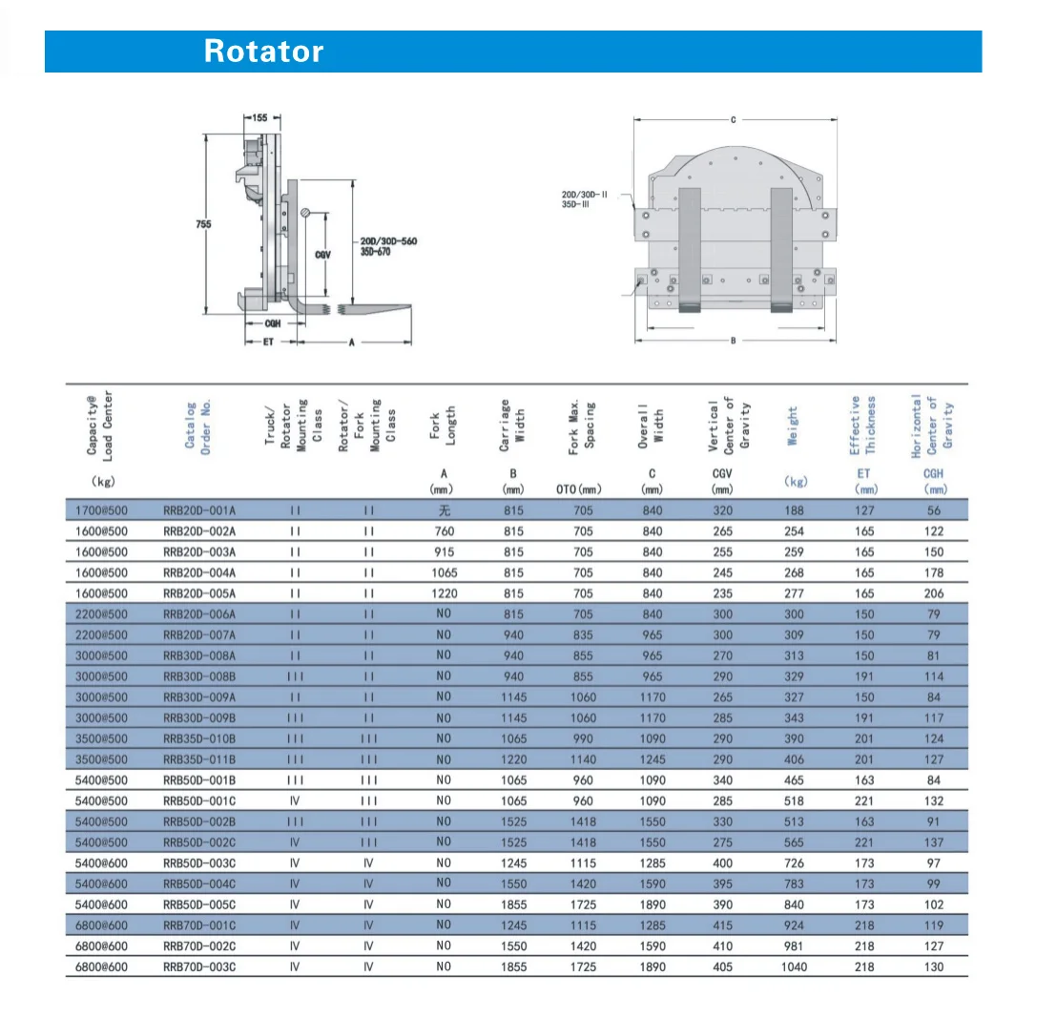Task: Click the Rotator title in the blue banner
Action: point(263,52)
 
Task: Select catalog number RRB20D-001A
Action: point(199,510)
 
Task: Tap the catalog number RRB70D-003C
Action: point(199,966)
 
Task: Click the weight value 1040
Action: point(794,966)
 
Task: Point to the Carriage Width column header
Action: point(513,422)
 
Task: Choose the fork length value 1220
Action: point(444,593)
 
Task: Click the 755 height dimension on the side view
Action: point(203,224)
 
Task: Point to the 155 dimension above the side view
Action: point(260,117)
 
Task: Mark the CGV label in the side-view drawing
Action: point(322,255)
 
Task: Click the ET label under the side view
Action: point(269,341)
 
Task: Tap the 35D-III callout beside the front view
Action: point(582,204)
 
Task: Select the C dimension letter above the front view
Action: point(733,120)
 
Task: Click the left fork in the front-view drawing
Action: point(689,248)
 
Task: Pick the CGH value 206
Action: point(934,593)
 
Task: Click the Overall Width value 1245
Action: point(653,759)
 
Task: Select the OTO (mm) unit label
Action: point(578,489)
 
